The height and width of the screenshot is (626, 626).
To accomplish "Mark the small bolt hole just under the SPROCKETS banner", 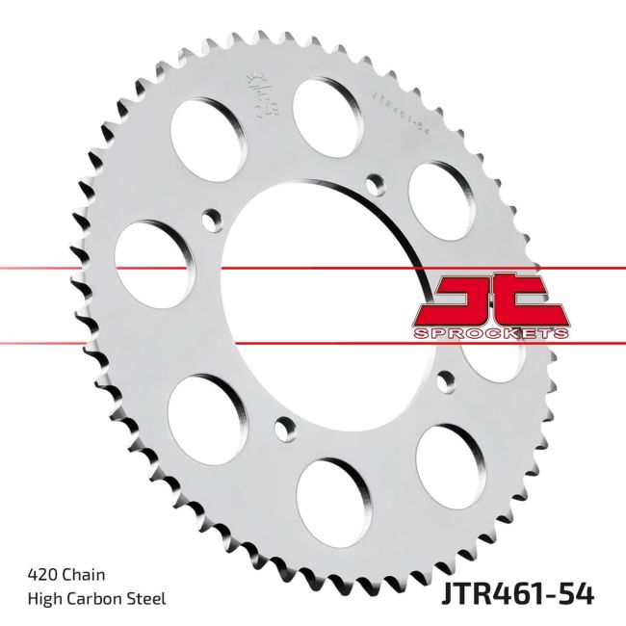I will (x=443, y=378).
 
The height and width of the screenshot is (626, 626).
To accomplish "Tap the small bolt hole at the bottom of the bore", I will (x=280, y=423).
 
